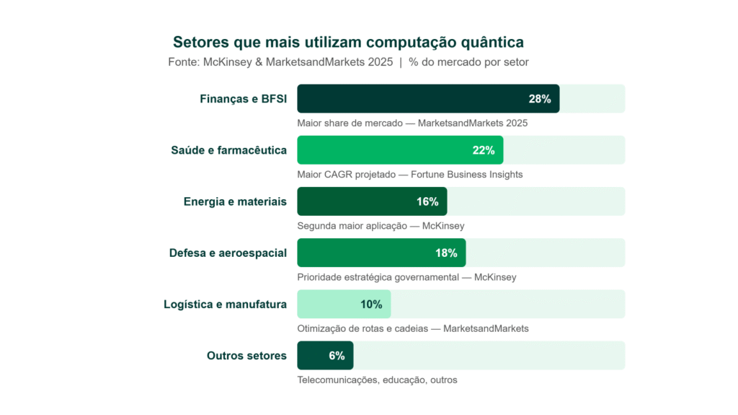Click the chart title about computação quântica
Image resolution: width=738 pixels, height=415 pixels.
coord(348,41)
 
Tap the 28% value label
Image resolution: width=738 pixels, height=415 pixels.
coord(539,99)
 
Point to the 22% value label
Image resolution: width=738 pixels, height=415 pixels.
coord(483,150)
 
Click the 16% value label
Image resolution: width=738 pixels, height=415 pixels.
coord(427,201)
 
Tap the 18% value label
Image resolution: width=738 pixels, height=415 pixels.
coord(446,253)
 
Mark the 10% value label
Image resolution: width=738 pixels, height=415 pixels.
coord(371,304)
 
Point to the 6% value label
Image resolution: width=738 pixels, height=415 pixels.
coord(337,355)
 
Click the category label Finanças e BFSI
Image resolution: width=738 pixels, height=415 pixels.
coord(243,99)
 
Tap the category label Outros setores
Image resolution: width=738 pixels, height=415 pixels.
coord(246,355)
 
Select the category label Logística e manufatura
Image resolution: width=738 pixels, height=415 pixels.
coord(225,304)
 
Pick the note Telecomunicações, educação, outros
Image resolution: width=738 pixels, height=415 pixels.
coord(377,380)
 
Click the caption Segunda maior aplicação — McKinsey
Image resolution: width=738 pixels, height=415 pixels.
coord(381,226)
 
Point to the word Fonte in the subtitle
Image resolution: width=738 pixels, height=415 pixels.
coord(183,62)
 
